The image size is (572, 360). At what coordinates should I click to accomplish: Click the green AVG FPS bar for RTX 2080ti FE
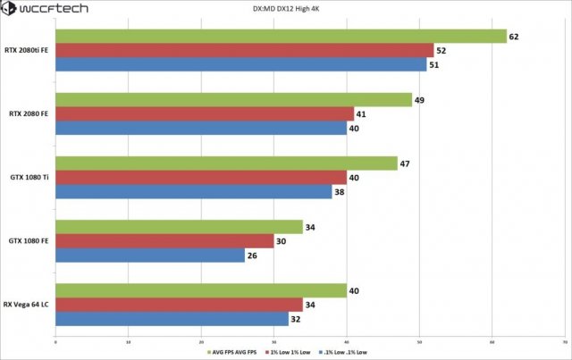[281, 37]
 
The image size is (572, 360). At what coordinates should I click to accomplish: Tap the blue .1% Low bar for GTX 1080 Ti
[193, 192]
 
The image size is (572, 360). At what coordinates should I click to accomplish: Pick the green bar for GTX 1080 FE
[179, 227]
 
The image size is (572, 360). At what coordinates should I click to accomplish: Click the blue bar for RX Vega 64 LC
[172, 319]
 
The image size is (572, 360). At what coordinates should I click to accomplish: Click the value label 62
[514, 37]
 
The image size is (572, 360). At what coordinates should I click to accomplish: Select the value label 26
[251, 255]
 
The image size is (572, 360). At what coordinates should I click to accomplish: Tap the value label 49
[419, 100]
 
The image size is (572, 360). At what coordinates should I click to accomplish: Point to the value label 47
[405, 163]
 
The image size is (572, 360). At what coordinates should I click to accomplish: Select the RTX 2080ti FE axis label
[26, 50]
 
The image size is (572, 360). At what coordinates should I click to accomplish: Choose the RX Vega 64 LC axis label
[27, 305]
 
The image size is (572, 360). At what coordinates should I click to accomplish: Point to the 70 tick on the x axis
[564, 341]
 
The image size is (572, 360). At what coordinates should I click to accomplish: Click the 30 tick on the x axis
[273, 341]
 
